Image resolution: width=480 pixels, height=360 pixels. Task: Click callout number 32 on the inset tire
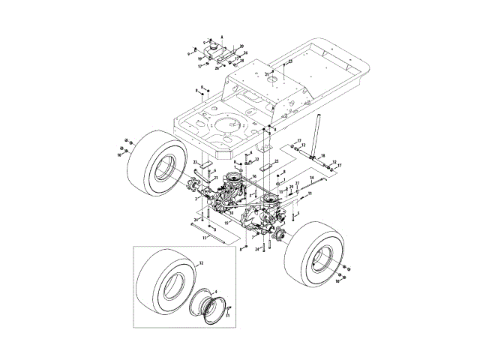coord(201,264)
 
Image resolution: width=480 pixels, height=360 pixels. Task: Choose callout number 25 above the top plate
coord(290,61)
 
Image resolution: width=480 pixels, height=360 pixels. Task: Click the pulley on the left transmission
coord(234,181)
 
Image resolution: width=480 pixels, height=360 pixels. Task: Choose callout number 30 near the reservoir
coord(241,47)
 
